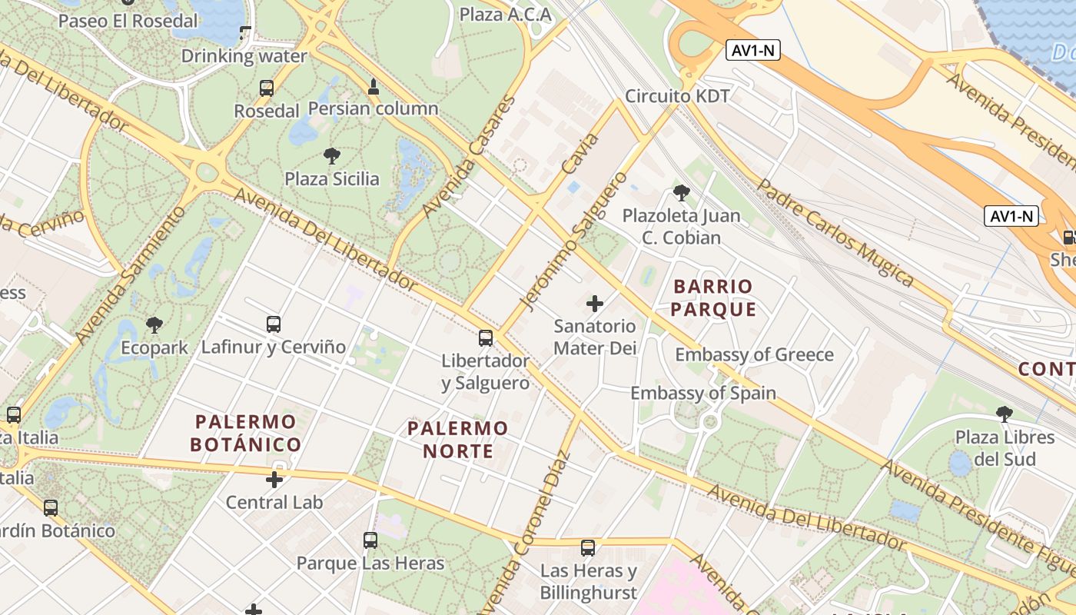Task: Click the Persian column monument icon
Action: click(x=374, y=87)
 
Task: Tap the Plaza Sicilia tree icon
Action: click(x=332, y=157)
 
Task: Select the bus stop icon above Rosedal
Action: click(x=267, y=88)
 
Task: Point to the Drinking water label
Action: click(x=244, y=56)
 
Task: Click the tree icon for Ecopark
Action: click(x=154, y=325)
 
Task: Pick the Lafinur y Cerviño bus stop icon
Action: click(x=274, y=324)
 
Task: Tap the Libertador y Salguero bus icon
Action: click(x=486, y=338)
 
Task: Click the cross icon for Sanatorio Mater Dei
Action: click(x=595, y=304)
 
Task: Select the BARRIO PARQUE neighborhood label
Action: click(x=713, y=298)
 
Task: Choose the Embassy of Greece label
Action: click(x=754, y=354)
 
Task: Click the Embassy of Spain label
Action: click(x=703, y=393)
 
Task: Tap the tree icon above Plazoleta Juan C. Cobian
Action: click(x=681, y=193)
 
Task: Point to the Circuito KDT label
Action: click(x=677, y=96)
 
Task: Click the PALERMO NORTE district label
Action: click(x=458, y=439)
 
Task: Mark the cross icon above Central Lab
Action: click(x=274, y=480)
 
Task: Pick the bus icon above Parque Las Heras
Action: click(x=370, y=540)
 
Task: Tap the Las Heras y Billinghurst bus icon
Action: click(x=588, y=548)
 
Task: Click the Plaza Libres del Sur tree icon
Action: click(x=1005, y=414)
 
